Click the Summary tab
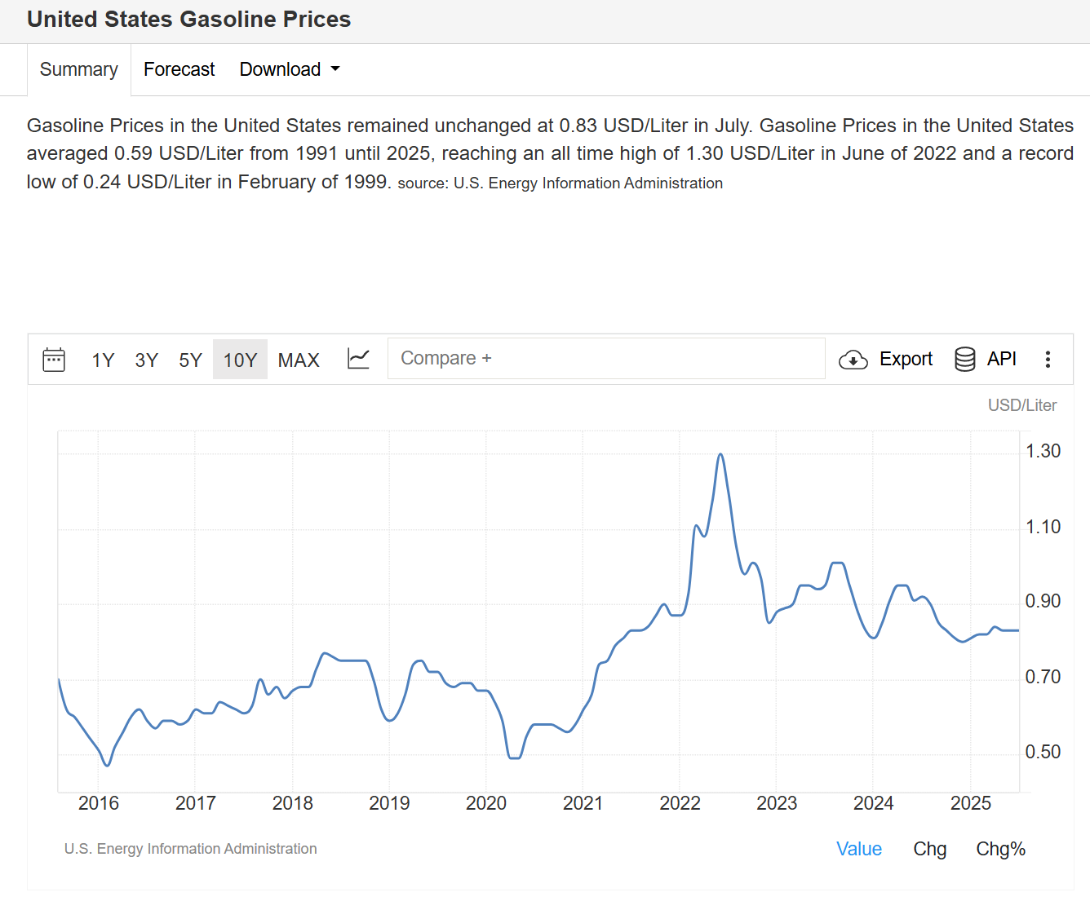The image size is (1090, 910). tap(78, 70)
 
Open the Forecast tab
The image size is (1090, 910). tap(179, 70)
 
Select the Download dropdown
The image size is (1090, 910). tap(289, 70)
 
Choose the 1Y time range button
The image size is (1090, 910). tap(103, 360)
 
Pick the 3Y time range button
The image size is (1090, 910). tap(146, 360)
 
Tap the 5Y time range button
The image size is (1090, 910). tap(190, 360)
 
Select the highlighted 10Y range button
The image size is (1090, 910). tap(240, 360)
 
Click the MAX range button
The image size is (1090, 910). tap(299, 360)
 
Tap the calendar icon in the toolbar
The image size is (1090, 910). tap(54, 360)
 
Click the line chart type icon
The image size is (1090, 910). tap(358, 359)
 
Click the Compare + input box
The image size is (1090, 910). tap(605, 359)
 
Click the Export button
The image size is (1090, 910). tap(885, 360)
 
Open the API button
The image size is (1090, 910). tap(985, 360)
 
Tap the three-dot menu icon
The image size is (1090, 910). tap(1048, 360)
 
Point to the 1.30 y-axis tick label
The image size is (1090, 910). tap(1043, 452)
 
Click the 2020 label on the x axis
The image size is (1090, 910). tap(486, 804)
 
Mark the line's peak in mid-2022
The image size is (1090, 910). tap(720, 454)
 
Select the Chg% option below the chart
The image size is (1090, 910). tap(1000, 850)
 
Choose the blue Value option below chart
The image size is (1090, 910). tap(858, 850)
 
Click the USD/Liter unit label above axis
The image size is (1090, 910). tap(1021, 405)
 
